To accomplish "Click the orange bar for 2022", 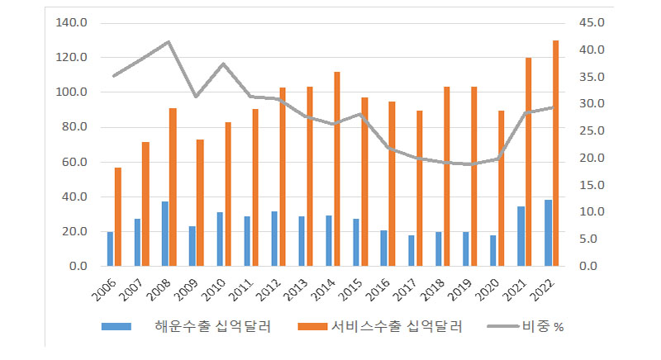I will click(556, 154).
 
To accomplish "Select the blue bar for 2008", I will click(165, 234).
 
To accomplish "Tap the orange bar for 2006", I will click(118, 216).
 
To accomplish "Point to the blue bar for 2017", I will click(411, 250).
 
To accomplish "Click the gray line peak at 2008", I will click(169, 41).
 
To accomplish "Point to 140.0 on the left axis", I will click(71, 23).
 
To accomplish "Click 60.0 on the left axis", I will click(74, 162).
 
